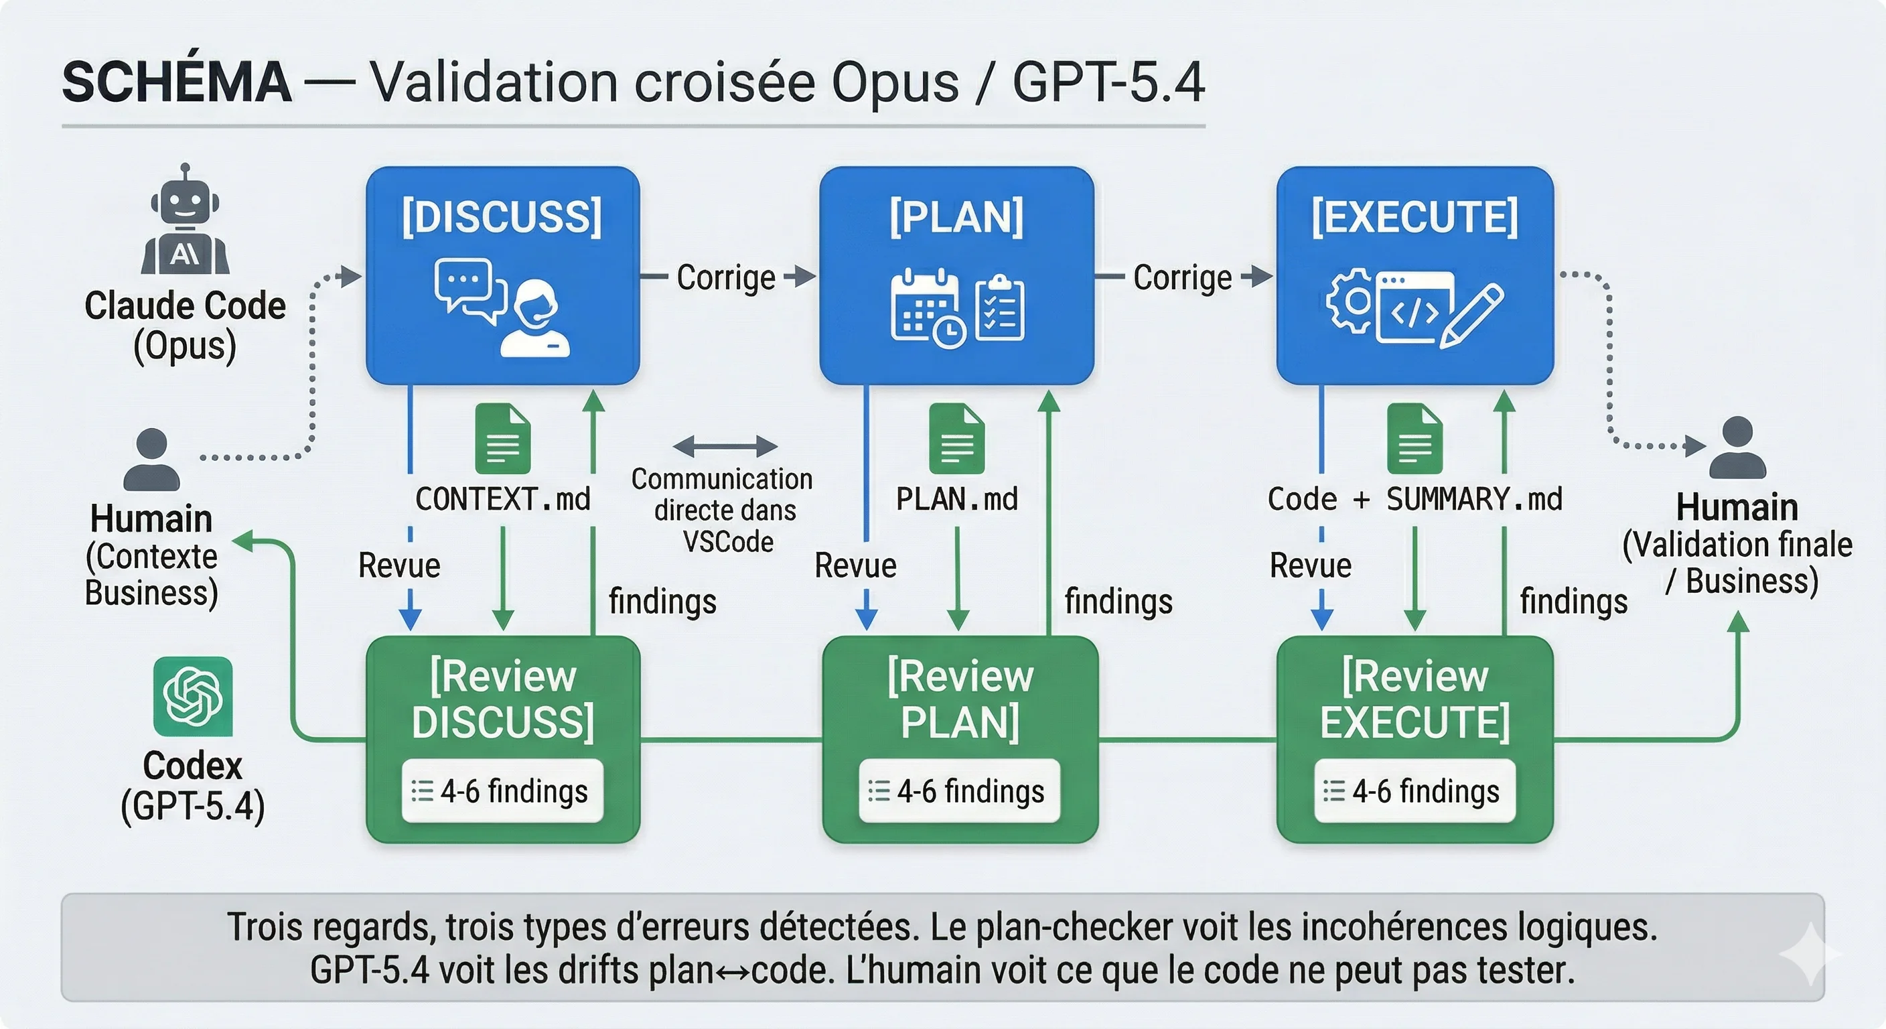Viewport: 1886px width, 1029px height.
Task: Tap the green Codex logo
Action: pos(193,696)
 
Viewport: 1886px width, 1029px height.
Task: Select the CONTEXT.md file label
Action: pos(503,500)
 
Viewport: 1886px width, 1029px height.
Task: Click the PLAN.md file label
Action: pos(957,500)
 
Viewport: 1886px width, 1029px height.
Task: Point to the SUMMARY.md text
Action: pos(1475,500)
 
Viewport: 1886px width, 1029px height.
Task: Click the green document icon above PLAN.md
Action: pos(957,439)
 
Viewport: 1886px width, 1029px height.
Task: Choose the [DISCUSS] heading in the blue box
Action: pos(502,217)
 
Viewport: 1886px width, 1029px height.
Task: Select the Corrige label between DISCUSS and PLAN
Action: pos(725,277)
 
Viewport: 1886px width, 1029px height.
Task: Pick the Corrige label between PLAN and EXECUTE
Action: pos(1182,277)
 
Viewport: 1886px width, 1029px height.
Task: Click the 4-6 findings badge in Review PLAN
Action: pos(959,791)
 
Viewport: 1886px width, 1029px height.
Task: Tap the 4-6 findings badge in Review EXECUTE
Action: pos(1414,791)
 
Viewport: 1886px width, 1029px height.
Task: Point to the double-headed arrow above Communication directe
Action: pos(725,445)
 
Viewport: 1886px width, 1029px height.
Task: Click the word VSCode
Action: pos(728,542)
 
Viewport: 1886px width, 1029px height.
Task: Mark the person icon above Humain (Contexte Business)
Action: pos(151,460)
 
